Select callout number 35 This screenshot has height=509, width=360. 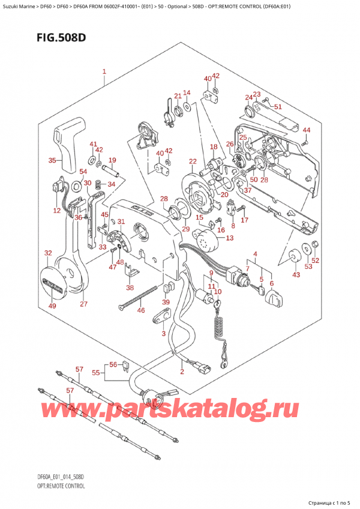click(x=52, y=161)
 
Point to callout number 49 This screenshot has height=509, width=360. click(x=52, y=306)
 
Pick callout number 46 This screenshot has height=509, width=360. click(x=141, y=310)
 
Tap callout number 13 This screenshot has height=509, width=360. click(x=230, y=239)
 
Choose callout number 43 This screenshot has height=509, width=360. click(x=296, y=274)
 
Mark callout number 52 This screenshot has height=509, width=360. click(x=316, y=260)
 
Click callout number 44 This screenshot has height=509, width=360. click(x=307, y=130)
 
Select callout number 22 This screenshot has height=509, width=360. click(x=193, y=161)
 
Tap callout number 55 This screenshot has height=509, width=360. click(x=97, y=373)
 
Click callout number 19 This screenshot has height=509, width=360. click(x=112, y=160)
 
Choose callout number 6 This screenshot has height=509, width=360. click(x=272, y=284)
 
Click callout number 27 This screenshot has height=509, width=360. click(x=83, y=304)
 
